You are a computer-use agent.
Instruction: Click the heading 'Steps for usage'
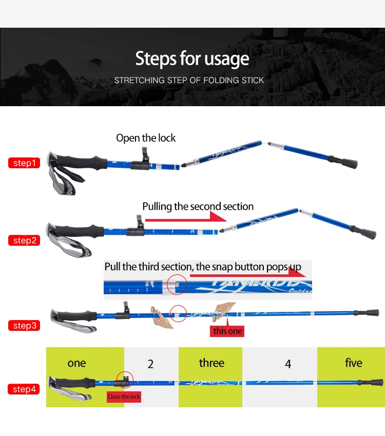point(192,59)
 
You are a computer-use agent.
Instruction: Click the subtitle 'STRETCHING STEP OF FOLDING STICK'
point(189,81)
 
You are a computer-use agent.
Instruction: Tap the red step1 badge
point(24,163)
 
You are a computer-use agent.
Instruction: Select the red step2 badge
point(24,241)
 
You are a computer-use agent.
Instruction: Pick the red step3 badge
point(24,325)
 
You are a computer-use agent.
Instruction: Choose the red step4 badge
point(24,389)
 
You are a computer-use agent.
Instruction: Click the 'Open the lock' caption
point(146,138)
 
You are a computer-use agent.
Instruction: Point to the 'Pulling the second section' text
point(198,207)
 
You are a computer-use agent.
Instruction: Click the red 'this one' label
point(227,331)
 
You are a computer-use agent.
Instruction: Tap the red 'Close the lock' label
point(124,397)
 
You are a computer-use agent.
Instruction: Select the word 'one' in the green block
point(76,363)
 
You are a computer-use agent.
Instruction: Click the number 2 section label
point(150,364)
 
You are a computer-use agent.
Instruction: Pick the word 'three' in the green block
point(211,363)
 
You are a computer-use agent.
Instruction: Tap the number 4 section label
point(288,364)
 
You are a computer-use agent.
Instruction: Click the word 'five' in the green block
point(353,363)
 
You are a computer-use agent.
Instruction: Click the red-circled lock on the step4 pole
point(125,380)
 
